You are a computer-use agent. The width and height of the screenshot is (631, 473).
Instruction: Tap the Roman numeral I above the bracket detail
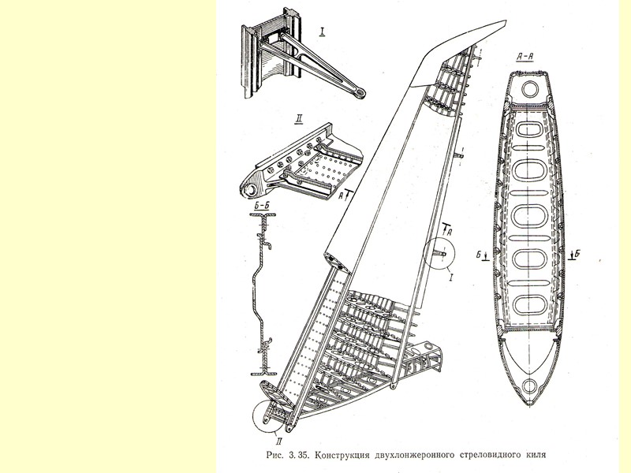coord(323,32)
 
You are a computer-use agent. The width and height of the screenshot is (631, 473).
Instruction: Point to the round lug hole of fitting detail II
coord(251,190)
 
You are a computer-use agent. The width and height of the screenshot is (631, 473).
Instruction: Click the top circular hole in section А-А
coord(527,85)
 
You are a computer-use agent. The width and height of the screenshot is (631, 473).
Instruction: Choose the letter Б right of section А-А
coord(578,254)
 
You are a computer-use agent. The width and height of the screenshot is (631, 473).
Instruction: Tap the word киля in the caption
coord(533,456)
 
